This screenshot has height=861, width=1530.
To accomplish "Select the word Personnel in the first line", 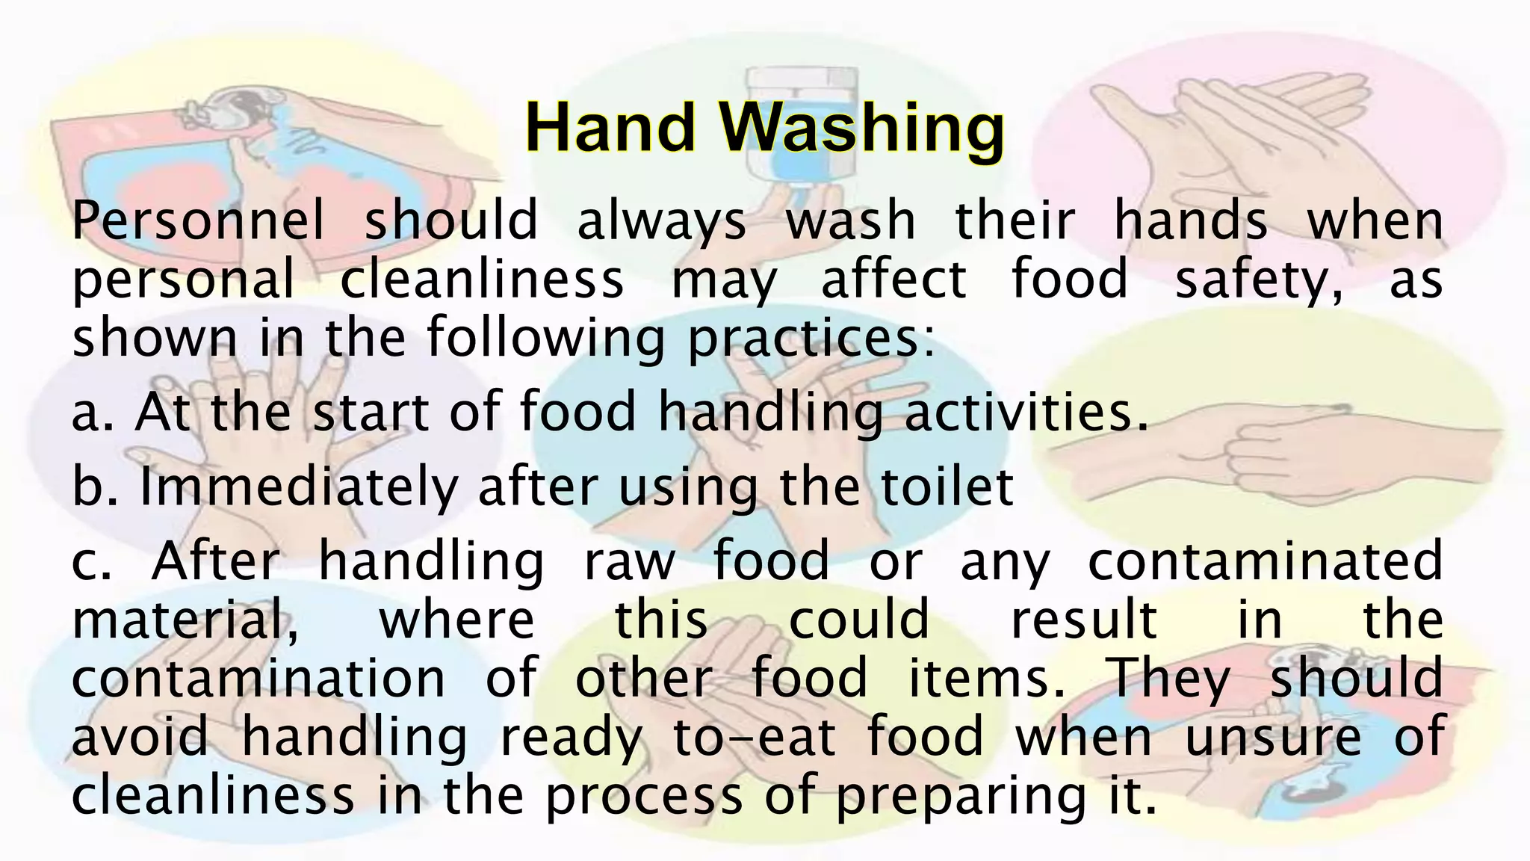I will click(x=199, y=222).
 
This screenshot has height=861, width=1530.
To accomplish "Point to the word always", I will click(x=661, y=222).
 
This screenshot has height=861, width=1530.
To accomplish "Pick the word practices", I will click(x=811, y=339).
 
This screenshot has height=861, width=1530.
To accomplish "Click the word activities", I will click(x=1025, y=413).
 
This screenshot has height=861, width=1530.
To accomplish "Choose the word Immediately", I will click(x=299, y=487).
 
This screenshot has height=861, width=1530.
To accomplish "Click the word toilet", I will click(x=946, y=487).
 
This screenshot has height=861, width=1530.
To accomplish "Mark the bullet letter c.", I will click(x=90, y=562).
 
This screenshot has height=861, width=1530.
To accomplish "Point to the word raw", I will click(x=629, y=562).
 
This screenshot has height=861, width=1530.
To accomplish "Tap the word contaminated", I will click(x=1264, y=561).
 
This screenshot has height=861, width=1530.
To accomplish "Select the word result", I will click(x=1083, y=620).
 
